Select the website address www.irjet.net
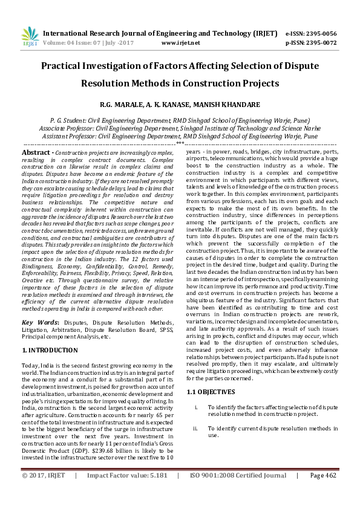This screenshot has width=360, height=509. pos(181,43)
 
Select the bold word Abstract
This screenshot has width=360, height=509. pos(36,153)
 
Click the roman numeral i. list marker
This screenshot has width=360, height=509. pos(196,408)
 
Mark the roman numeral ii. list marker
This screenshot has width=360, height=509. pos(195,428)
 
